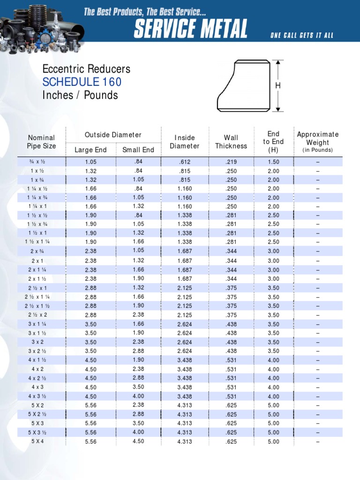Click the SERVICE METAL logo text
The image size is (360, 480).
click(190, 30)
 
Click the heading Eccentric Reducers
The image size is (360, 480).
click(86, 69)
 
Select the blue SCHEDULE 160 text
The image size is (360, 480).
click(82, 82)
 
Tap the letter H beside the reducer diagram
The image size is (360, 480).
click(278, 86)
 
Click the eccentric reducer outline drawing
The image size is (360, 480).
click(243, 86)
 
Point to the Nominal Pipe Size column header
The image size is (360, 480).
click(41, 142)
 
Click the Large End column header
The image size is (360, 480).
click(90, 150)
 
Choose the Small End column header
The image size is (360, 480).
click(138, 150)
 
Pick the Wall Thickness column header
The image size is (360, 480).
click(231, 142)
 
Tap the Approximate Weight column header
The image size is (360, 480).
click(317, 142)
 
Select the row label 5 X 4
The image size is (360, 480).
click(38, 441)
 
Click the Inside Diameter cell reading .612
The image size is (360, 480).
click(185, 162)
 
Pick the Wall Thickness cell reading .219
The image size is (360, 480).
click(231, 162)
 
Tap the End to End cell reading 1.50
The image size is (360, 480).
click(273, 162)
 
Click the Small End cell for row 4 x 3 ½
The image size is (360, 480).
click(138, 396)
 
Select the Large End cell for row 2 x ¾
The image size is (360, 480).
click(90, 251)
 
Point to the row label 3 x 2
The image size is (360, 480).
click(38, 342)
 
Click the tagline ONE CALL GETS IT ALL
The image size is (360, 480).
click(301, 36)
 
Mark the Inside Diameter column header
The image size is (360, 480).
click(185, 142)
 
